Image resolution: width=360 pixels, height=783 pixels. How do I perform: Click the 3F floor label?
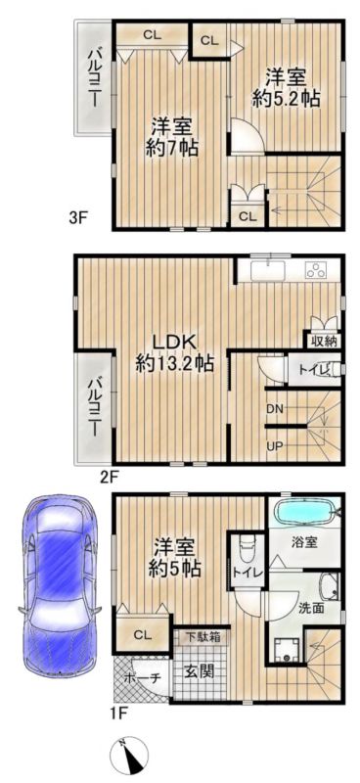[79, 217]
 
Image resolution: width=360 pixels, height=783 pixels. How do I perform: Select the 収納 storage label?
[324, 342]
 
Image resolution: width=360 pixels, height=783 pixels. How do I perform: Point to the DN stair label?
[274, 409]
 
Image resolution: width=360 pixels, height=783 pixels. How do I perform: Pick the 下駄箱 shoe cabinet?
[202, 636]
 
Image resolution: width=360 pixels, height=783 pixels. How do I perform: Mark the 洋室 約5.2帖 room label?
[285, 87]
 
